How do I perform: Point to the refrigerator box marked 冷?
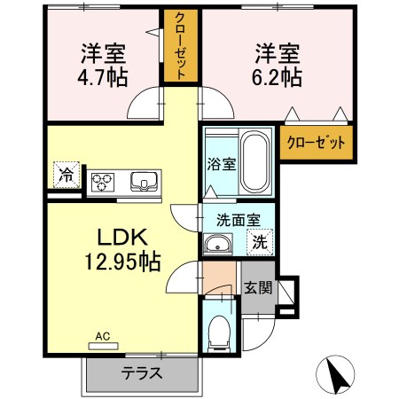(x=66, y=174)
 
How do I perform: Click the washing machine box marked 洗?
(x=261, y=239)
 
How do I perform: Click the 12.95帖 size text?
(x=122, y=262)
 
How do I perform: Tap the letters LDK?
(x=121, y=238)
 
